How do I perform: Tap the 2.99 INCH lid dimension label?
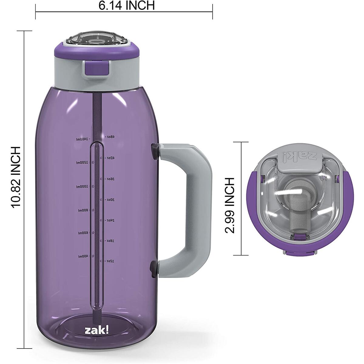click(230, 205)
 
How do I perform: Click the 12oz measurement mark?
click(110, 261)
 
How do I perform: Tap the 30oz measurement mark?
click(110, 200)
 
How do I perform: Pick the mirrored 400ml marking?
click(83, 257)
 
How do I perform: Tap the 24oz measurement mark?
click(110, 220)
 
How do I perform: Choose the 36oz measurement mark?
click(110, 179)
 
